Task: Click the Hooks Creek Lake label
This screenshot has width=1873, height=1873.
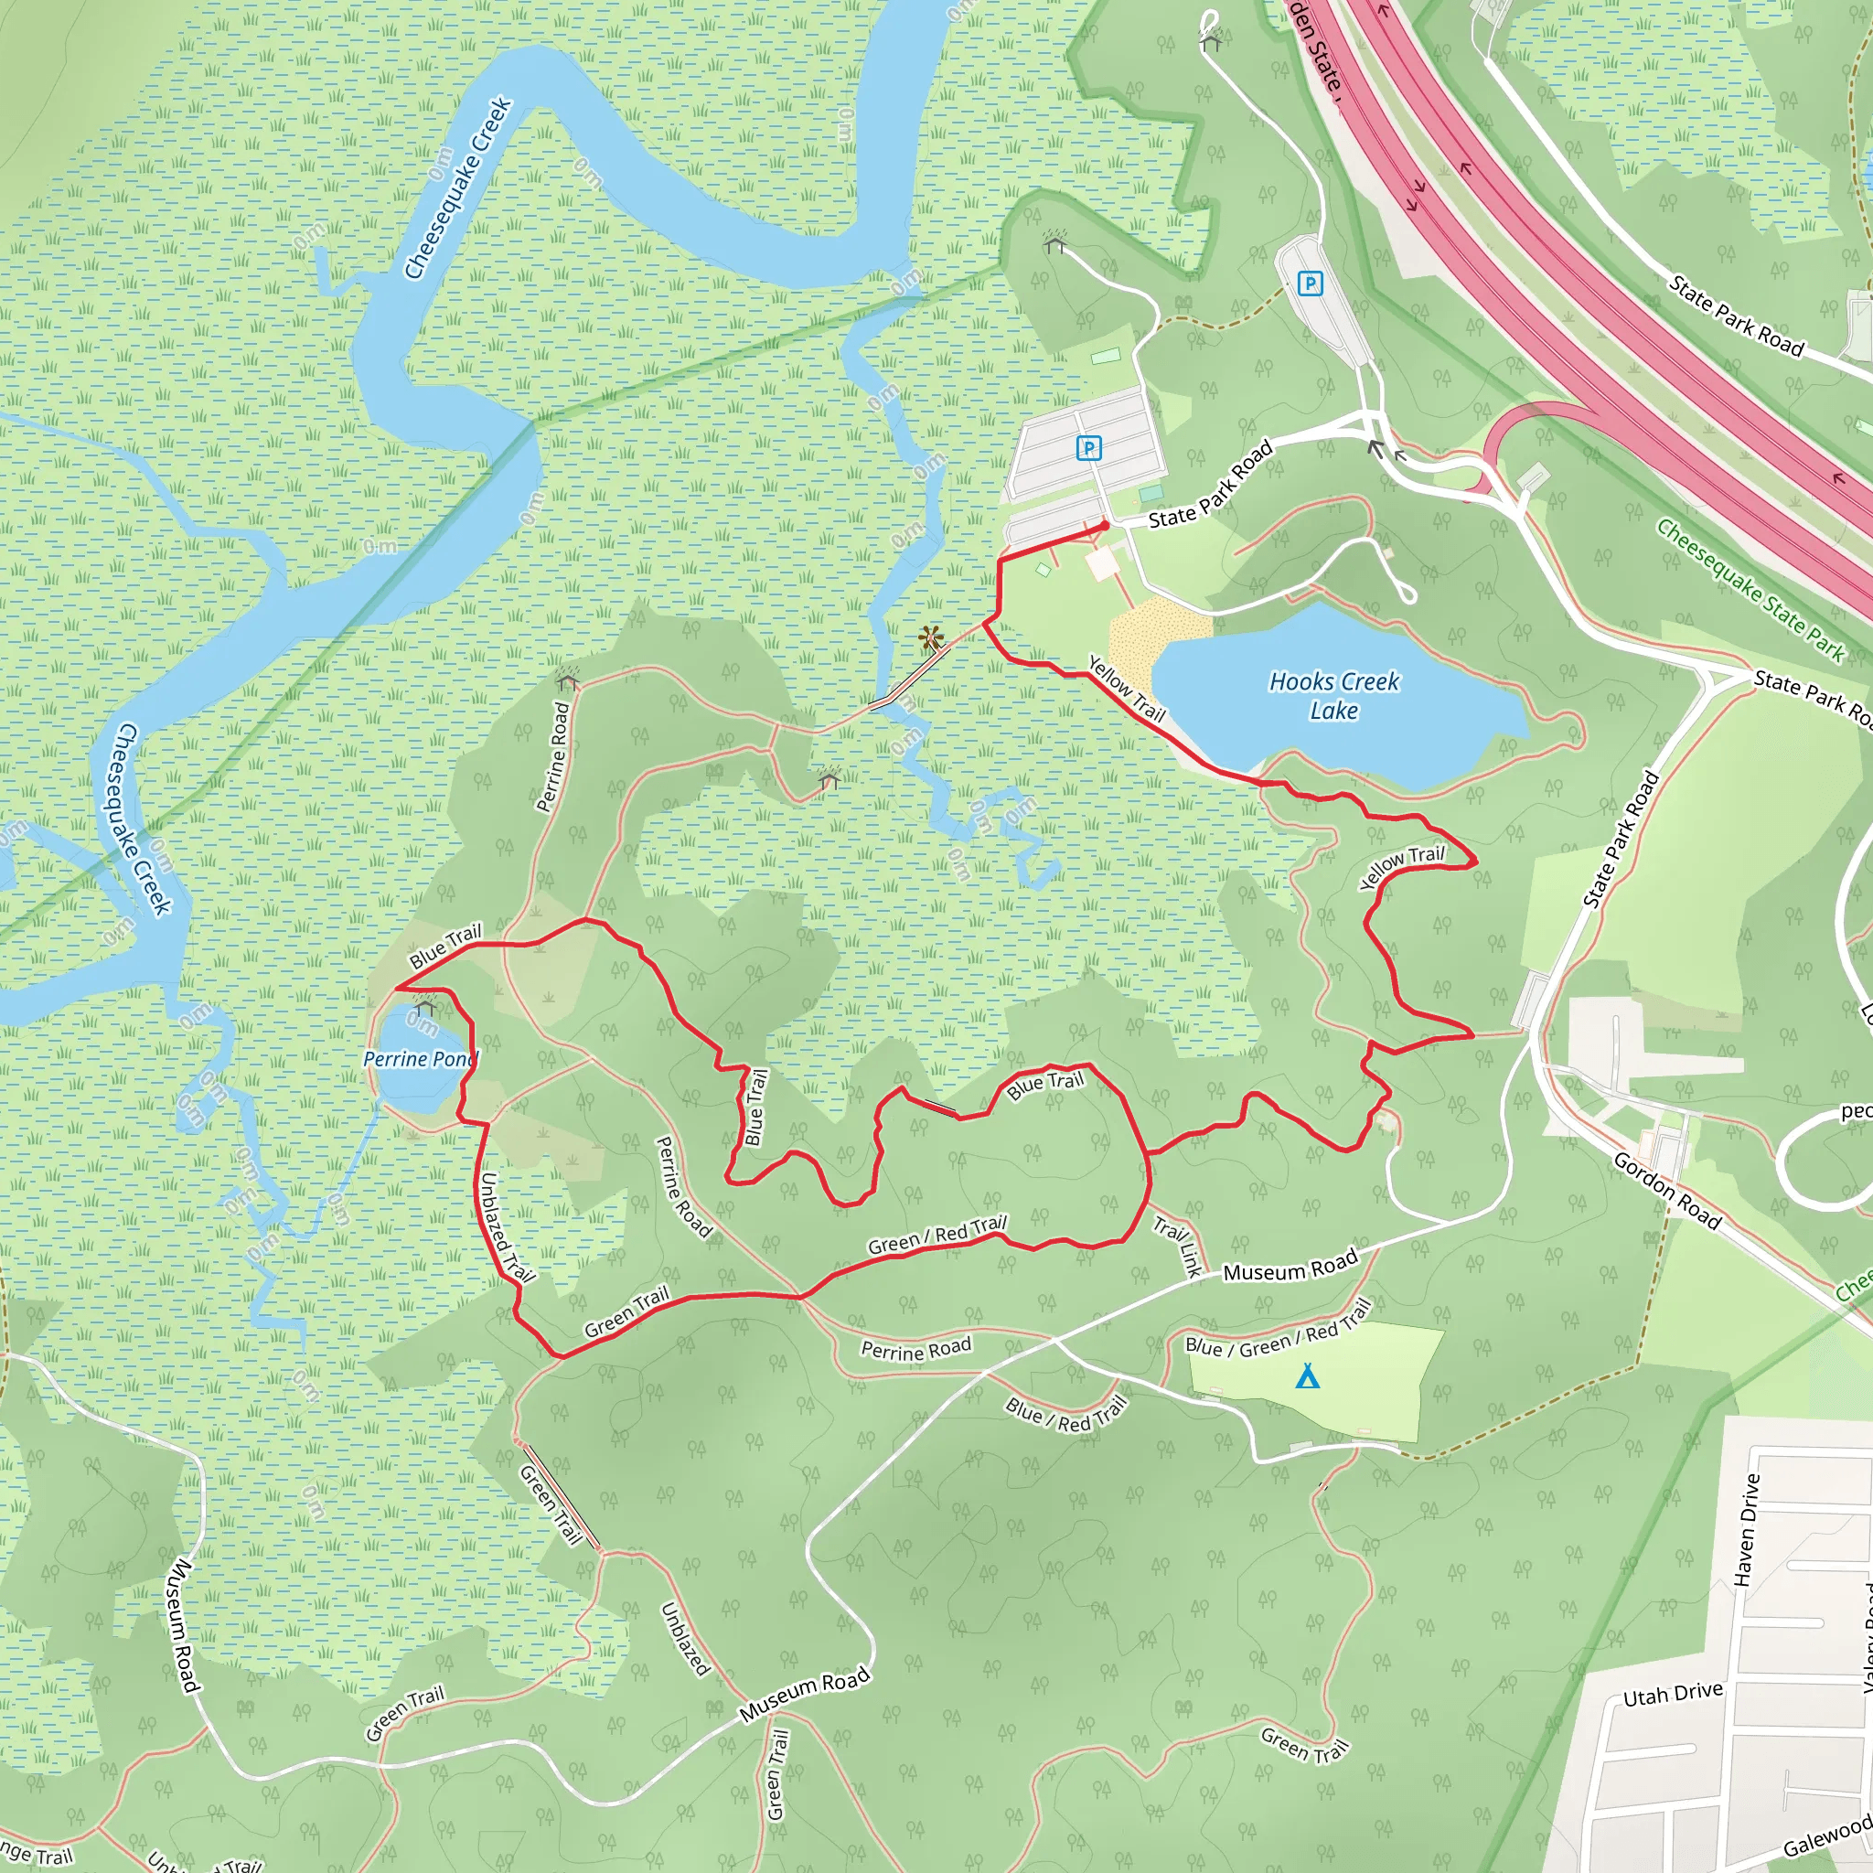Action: (1334, 696)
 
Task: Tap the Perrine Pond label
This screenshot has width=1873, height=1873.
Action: (420, 1059)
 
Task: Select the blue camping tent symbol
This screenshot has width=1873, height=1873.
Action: (1307, 1375)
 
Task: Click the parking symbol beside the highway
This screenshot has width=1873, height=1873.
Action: (1310, 284)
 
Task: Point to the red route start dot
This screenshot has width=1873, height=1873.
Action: (1104, 526)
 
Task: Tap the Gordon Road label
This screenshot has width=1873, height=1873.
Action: (1666, 1191)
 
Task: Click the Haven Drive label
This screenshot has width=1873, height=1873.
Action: (1747, 1530)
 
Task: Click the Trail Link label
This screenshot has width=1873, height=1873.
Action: (1178, 1246)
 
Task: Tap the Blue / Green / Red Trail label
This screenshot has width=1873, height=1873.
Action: (1278, 1330)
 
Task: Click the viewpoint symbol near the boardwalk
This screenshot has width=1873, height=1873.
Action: (931, 638)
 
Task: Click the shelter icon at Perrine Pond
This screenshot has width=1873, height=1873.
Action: (424, 1008)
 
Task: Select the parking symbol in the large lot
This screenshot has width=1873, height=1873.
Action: (1088, 448)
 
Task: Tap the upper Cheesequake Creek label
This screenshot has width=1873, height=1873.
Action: (456, 189)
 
